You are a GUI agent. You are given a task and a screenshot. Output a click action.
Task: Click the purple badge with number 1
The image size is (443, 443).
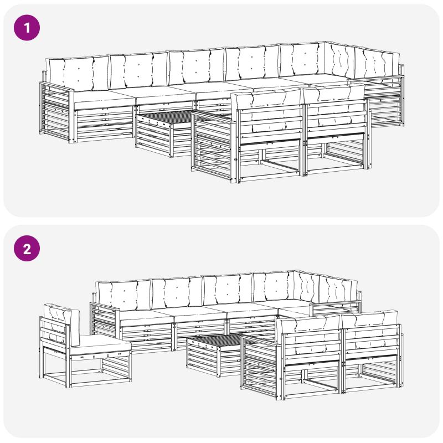tap(27, 28)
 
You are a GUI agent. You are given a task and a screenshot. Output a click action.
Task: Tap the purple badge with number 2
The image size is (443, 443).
tap(27, 249)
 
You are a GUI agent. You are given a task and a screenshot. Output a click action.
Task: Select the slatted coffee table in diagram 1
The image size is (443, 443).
tap(164, 133)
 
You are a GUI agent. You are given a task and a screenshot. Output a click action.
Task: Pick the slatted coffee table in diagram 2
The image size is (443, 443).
tap(215, 354)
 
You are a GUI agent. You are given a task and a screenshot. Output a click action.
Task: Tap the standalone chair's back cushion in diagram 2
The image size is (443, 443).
tap(61, 324)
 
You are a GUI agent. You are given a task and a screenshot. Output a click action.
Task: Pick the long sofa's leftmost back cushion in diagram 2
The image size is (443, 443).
tap(123, 296)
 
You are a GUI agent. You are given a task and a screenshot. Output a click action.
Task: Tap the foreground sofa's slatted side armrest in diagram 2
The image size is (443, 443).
tap(260, 366)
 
